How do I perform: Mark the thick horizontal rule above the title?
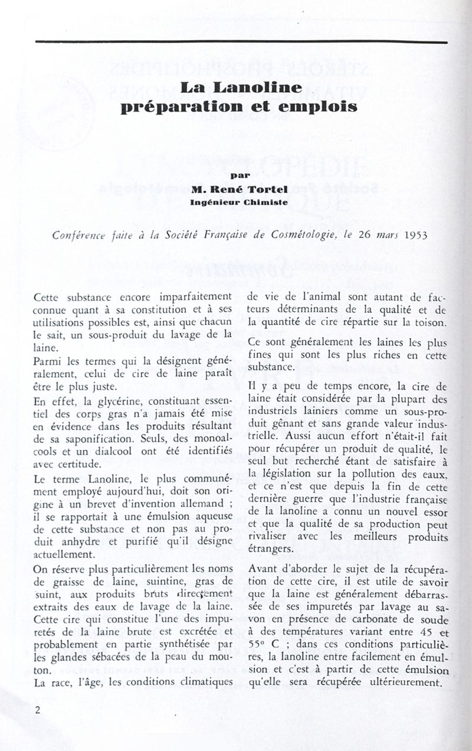coord(241,41)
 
